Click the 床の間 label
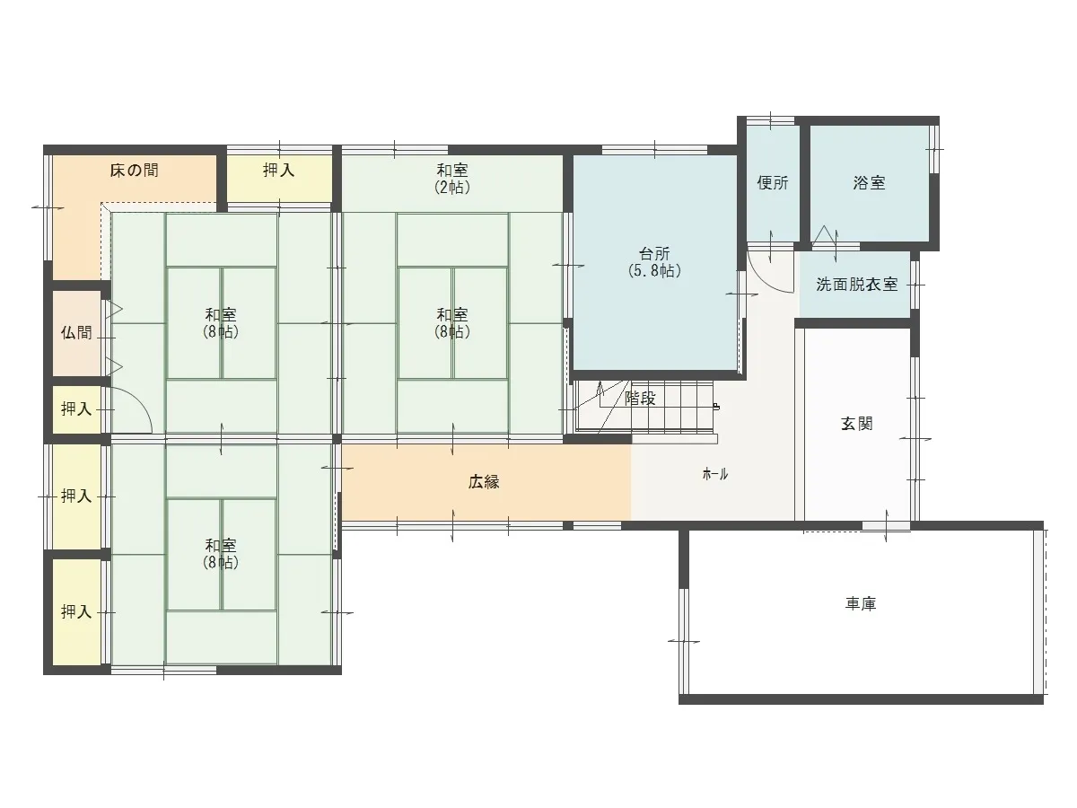pyautogui.click(x=134, y=171)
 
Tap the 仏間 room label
pyautogui.click(x=76, y=332)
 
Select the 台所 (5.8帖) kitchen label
pyautogui.click(x=654, y=262)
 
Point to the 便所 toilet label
pyautogui.click(x=773, y=183)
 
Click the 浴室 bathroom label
pyautogui.click(x=869, y=183)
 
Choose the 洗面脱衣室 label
pyautogui.click(x=857, y=285)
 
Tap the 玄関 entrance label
pyautogui.click(x=857, y=424)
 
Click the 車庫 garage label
pyautogui.click(x=861, y=603)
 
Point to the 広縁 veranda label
pyautogui.click(x=484, y=482)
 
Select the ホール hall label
pyautogui.click(x=715, y=474)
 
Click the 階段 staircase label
pyautogui.click(x=640, y=398)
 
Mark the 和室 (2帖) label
pyautogui.click(x=452, y=179)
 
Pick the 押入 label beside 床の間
pyautogui.click(x=279, y=171)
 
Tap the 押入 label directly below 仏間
pyautogui.click(x=76, y=408)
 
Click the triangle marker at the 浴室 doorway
pyautogui.click(x=824, y=235)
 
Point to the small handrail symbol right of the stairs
pyautogui.click(x=716, y=406)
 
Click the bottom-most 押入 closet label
pyautogui.click(x=76, y=611)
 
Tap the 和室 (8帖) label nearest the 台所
pyautogui.click(x=452, y=323)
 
